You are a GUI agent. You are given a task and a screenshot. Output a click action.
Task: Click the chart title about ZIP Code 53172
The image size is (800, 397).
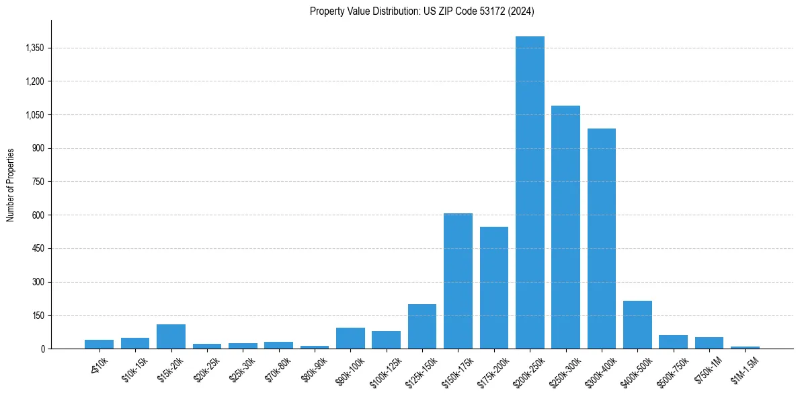coord(422,11)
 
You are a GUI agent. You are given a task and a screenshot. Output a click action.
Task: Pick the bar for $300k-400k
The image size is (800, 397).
coord(602,238)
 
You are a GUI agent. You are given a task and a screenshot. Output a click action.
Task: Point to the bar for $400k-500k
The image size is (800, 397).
coord(637,324)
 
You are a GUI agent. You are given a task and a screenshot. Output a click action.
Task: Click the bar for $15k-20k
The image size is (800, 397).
coord(171,336)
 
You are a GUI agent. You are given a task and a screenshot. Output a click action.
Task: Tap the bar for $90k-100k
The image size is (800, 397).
coord(350,338)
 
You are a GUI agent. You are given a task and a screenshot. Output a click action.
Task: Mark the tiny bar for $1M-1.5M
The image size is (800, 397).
coord(745,347)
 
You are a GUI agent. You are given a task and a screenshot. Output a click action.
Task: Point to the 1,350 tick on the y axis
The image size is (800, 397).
coord(34,48)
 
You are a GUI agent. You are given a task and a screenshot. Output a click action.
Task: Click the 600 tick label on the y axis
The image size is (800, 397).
coord(38,215)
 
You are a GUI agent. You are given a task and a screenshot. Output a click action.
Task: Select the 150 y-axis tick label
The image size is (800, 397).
coord(38,316)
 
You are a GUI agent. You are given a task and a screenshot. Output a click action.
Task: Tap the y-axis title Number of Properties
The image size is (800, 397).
coord(11,184)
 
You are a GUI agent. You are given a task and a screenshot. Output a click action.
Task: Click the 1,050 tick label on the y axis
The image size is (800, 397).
coord(34,115)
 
